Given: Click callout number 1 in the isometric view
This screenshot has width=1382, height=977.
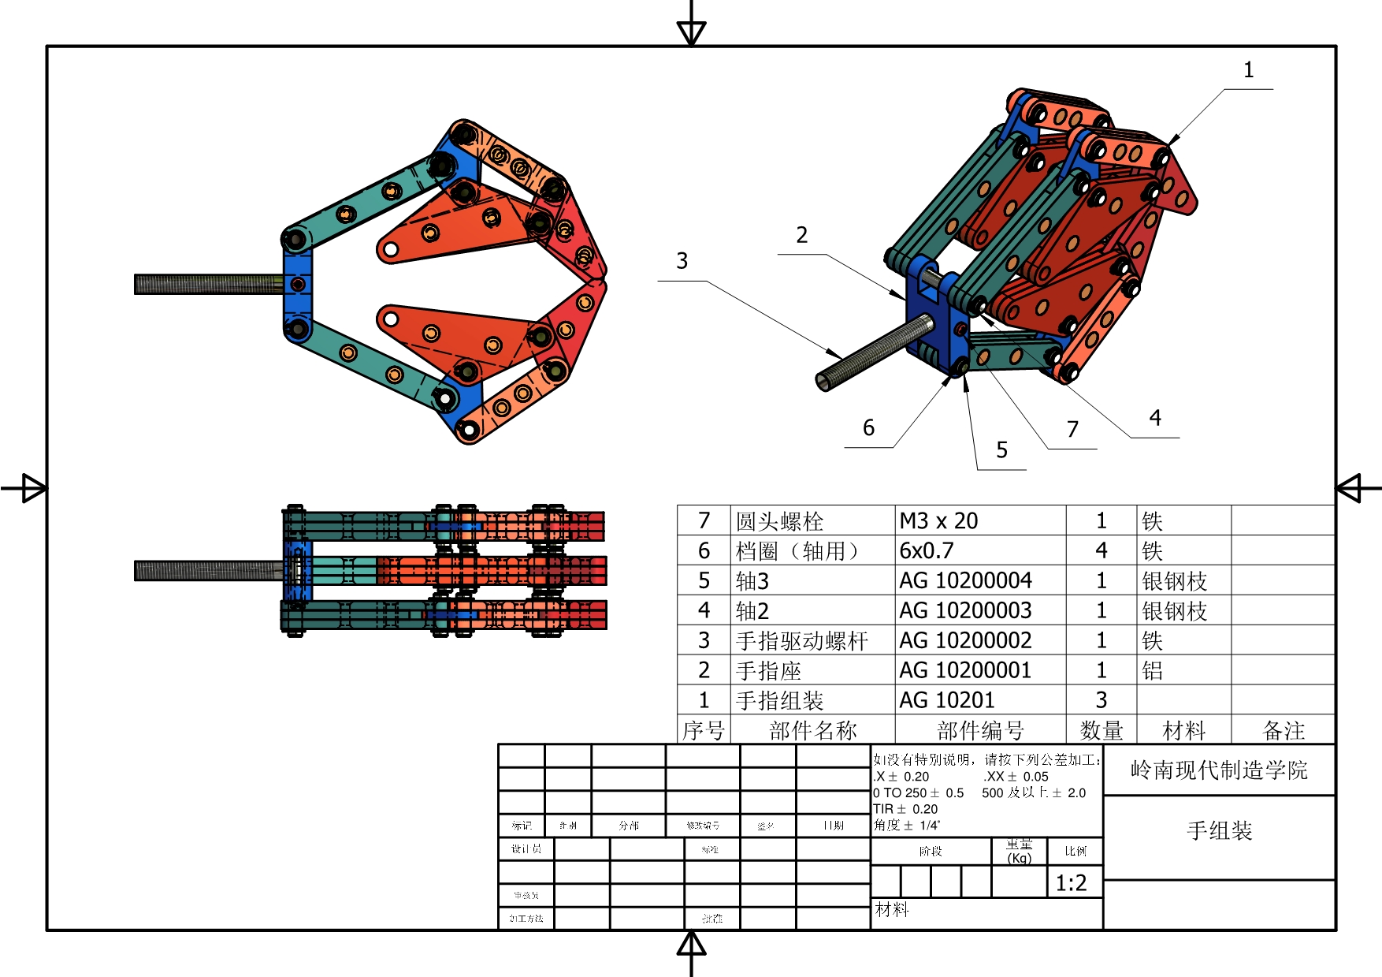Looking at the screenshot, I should pos(1248,70).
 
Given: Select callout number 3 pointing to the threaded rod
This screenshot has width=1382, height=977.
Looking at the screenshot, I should pos(682,261).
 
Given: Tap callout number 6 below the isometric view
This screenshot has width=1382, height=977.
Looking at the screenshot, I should pos(868,428).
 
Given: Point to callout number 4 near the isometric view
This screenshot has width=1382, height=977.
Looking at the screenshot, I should pos(1155,418).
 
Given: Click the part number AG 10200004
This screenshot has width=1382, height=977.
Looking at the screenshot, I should pos(965,581).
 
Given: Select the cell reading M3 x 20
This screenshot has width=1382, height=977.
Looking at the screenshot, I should pos(938,521).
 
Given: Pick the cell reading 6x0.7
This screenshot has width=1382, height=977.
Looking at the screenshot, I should pos(926,551).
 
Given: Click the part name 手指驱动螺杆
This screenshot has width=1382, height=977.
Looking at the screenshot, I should pos(801,641).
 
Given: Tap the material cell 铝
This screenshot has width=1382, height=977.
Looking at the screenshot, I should pos(1152,671).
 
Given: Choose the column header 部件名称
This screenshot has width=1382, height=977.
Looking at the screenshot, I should pos(812,731).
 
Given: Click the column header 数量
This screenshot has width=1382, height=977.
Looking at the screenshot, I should pos(1101,731).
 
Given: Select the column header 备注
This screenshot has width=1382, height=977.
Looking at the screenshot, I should pos(1284,731).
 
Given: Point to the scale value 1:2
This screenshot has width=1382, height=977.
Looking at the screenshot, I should pos(1071,883).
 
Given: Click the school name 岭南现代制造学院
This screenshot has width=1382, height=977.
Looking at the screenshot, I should pos(1219,770).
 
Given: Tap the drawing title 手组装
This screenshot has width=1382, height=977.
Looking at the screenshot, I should pos(1219,830).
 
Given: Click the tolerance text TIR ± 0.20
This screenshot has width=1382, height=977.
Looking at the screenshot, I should pos(905,809).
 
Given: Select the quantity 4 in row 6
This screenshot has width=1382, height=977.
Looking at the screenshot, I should pos(1101,551).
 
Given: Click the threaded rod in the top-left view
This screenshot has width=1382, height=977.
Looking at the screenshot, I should pos(208,284).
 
